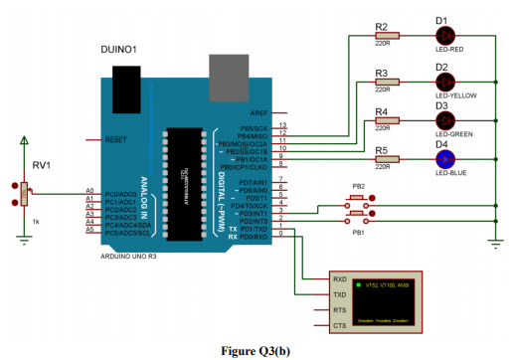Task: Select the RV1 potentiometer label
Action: coord(41,166)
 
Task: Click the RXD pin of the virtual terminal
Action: coord(339,279)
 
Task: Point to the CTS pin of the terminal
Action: coord(339,325)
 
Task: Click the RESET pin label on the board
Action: coord(116,139)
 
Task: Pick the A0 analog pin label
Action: coord(89,190)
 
